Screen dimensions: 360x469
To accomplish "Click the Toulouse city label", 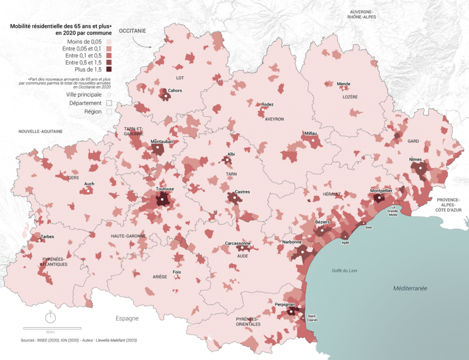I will point(165,189).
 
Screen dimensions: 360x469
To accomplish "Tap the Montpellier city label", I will point(382,191).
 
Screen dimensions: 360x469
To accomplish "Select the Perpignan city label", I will point(284,304).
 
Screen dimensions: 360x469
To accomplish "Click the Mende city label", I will point(344,84).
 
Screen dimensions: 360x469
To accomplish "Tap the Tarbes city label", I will point(48,236).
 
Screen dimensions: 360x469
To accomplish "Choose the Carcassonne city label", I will point(238,243).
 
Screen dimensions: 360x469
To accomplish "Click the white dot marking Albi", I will point(227,159).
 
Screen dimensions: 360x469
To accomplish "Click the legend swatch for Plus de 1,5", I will point(110,70).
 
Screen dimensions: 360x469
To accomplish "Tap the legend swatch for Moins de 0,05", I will point(110,42).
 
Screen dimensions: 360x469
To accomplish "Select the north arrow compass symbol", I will point(51,317).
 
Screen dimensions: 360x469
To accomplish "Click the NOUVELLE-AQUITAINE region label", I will point(40,131).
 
